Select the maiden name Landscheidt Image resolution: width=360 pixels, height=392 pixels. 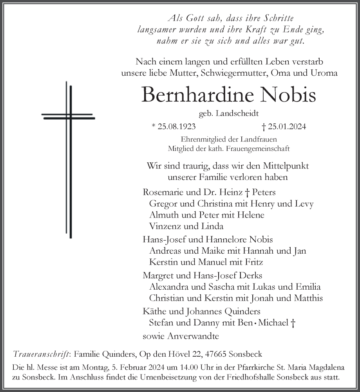[x=239, y=114]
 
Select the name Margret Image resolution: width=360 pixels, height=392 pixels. [x=157, y=275]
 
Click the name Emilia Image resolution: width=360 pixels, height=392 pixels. [x=307, y=287]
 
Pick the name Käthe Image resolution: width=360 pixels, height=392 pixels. [x=153, y=312]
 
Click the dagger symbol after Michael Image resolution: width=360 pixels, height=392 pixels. [x=293, y=323]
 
